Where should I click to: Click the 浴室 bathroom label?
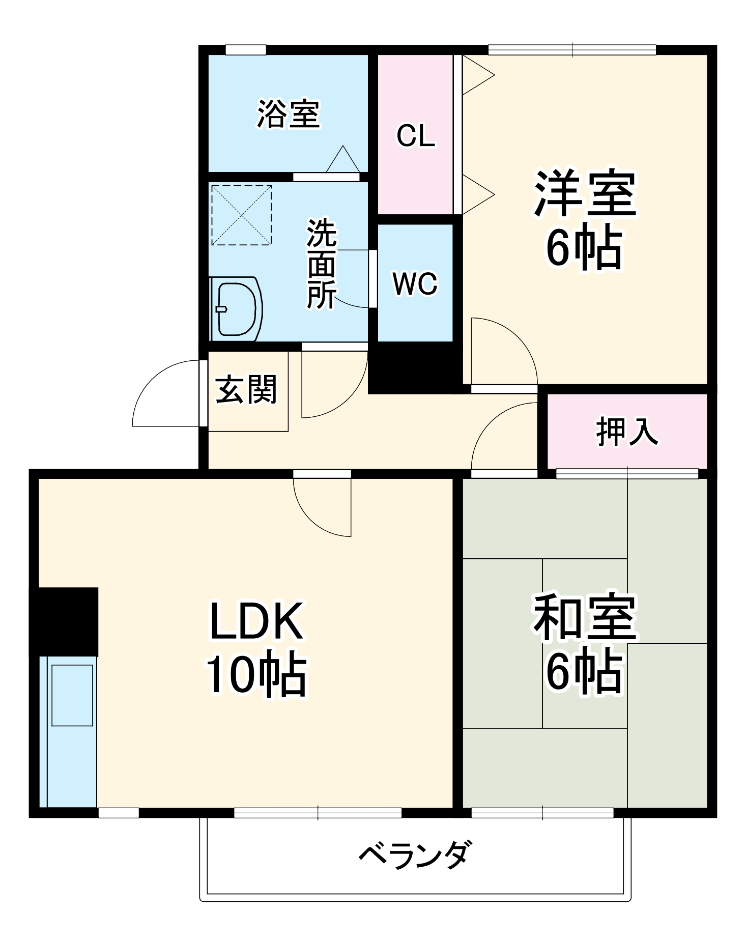pyautogui.click(x=288, y=113)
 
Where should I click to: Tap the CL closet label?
pyautogui.click(x=416, y=136)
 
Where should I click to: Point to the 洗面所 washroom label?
pyautogui.click(x=321, y=264)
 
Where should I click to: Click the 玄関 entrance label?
pyautogui.click(x=246, y=390)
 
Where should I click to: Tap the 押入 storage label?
pyautogui.click(x=627, y=432)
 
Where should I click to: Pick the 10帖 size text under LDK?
pyautogui.click(x=256, y=675)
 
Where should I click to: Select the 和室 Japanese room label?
pyautogui.click(x=585, y=617)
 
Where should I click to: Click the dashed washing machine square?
pyautogui.click(x=241, y=215)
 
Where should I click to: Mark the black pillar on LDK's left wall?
pyautogui.click(x=65, y=621)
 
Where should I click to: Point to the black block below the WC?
pyautogui.click(x=415, y=367)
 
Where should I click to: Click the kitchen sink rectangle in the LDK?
pyautogui.click(x=72, y=695)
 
